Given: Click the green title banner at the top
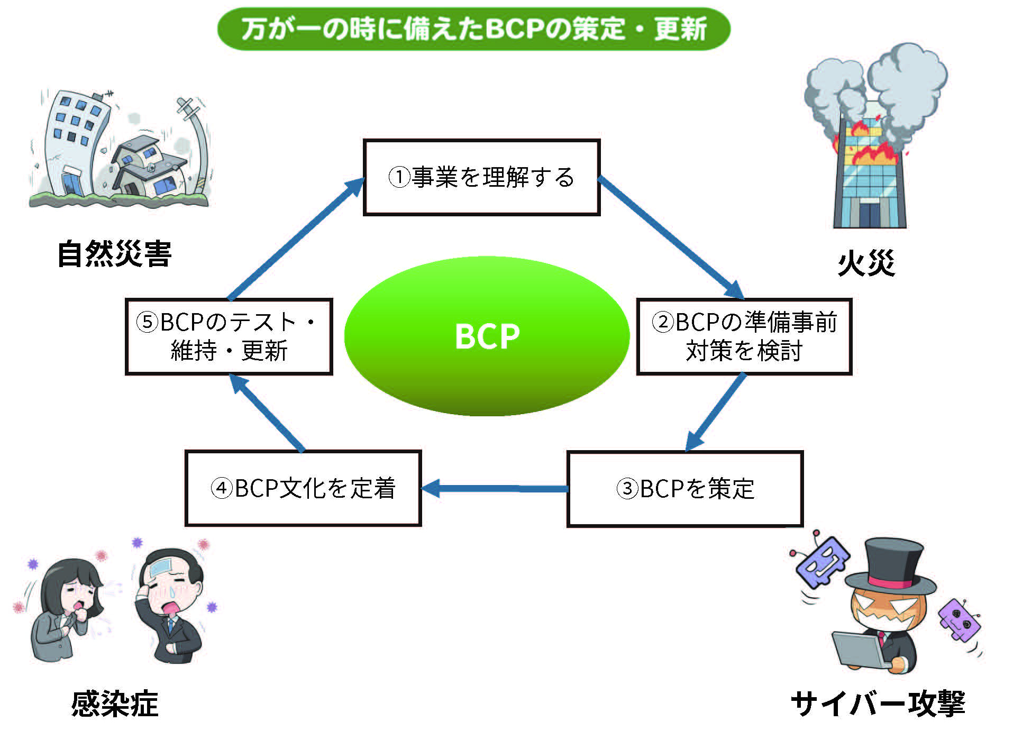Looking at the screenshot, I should click(x=473, y=29).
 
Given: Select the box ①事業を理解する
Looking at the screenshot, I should click(x=481, y=177).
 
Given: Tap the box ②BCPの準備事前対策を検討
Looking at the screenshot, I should click(x=744, y=336).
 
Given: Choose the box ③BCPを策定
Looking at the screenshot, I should click(x=685, y=488).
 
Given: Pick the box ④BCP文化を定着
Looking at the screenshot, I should click(x=303, y=488).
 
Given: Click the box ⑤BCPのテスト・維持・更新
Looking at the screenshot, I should click(x=229, y=336).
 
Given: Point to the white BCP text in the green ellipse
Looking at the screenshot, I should click(x=487, y=336).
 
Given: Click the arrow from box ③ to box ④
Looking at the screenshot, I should click(x=495, y=488).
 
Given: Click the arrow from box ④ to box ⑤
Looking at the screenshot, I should click(x=267, y=413).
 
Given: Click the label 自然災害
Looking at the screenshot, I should click(x=114, y=254).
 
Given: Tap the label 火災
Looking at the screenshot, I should click(x=866, y=263).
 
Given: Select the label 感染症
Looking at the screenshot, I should click(x=115, y=704).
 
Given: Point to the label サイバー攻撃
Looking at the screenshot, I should click(x=878, y=704).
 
